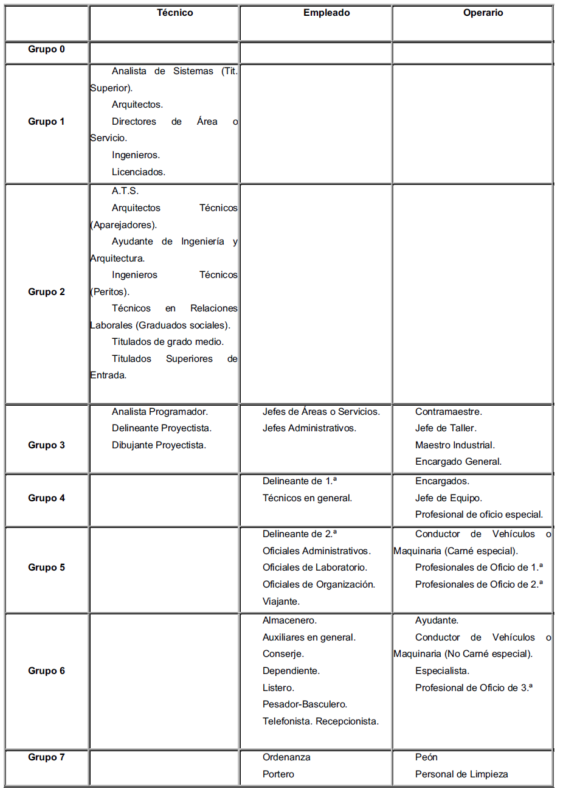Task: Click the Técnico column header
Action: point(174,13)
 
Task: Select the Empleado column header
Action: point(326,13)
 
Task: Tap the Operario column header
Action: point(483,13)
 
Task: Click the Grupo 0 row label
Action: point(46,49)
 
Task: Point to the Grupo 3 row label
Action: point(46,445)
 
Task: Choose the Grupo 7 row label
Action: point(46,757)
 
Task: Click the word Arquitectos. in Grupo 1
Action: point(137,105)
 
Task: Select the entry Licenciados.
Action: point(139,172)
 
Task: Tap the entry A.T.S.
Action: point(125,191)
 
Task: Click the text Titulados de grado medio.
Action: point(168,342)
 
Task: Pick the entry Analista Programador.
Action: point(160,412)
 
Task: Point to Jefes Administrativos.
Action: point(309,428)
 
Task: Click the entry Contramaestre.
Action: point(449,412)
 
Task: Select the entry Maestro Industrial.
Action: point(455,445)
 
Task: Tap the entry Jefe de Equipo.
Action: point(449,498)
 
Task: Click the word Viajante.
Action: point(281,602)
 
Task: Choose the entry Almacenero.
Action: point(289,620)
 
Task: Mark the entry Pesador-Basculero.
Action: point(305,704)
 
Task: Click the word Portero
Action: point(278,774)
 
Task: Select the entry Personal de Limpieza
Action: point(461,774)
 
